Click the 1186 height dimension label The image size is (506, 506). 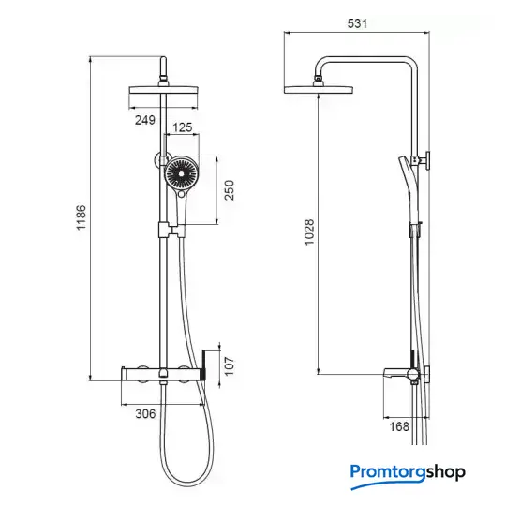[x=81, y=217]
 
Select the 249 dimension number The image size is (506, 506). [x=145, y=120]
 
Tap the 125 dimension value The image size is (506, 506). [x=183, y=127]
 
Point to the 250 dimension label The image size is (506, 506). [x=229, y=190]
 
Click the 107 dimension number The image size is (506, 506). [x=229, y=366]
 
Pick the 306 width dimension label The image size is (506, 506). [x=145, y=414]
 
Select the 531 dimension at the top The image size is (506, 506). [x=357, y=23]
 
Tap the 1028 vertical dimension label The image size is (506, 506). [x=309, y=232]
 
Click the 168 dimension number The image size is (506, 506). [x=399, y=426]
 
